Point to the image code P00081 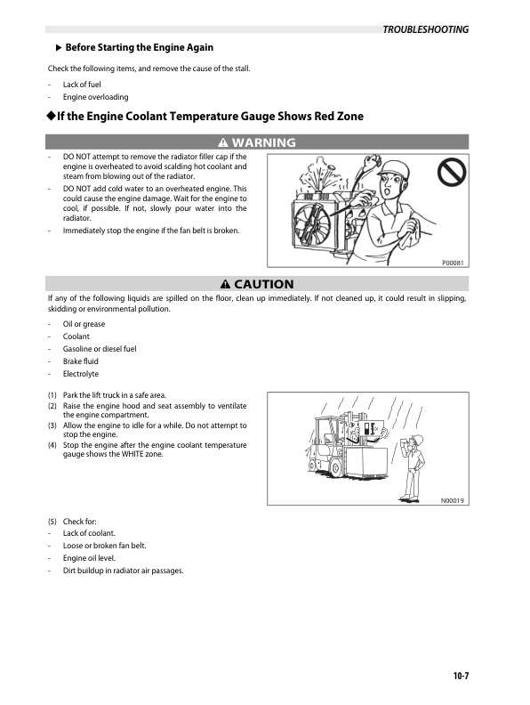click(x=454, y=263)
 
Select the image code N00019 click(x=453, y=500)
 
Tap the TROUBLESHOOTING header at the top click(x=425, y=29)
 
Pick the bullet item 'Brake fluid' click(x=81, y=361)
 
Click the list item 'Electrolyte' click(x=80, y=374)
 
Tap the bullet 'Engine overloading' click(x=95, y=96)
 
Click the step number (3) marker click(x=52, y=425)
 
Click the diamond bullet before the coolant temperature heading click(x=52, y=117)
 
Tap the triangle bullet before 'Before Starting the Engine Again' click(x=59, y=47)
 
